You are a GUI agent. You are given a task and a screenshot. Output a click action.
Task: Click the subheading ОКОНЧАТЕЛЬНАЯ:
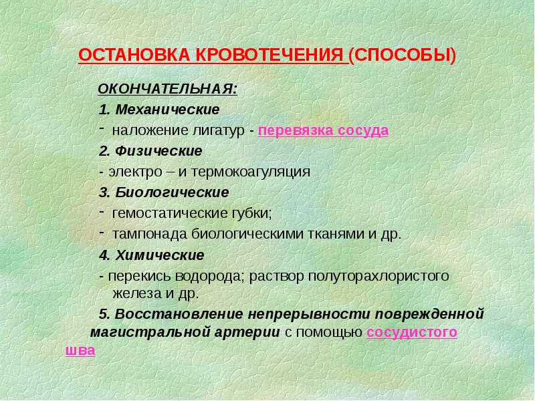pyautogui.click(x=168, y=89)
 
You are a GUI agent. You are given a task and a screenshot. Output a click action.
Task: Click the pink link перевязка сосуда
pyautogui.click(x=323, y=130)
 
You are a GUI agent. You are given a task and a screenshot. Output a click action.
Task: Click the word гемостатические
pyautogui.click(x=165, y=214)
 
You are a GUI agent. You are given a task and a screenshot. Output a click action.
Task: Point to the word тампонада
pyautogui.click(x=142, y=235)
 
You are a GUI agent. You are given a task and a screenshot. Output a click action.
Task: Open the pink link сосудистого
pyautogui.click(x=412, y=331)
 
